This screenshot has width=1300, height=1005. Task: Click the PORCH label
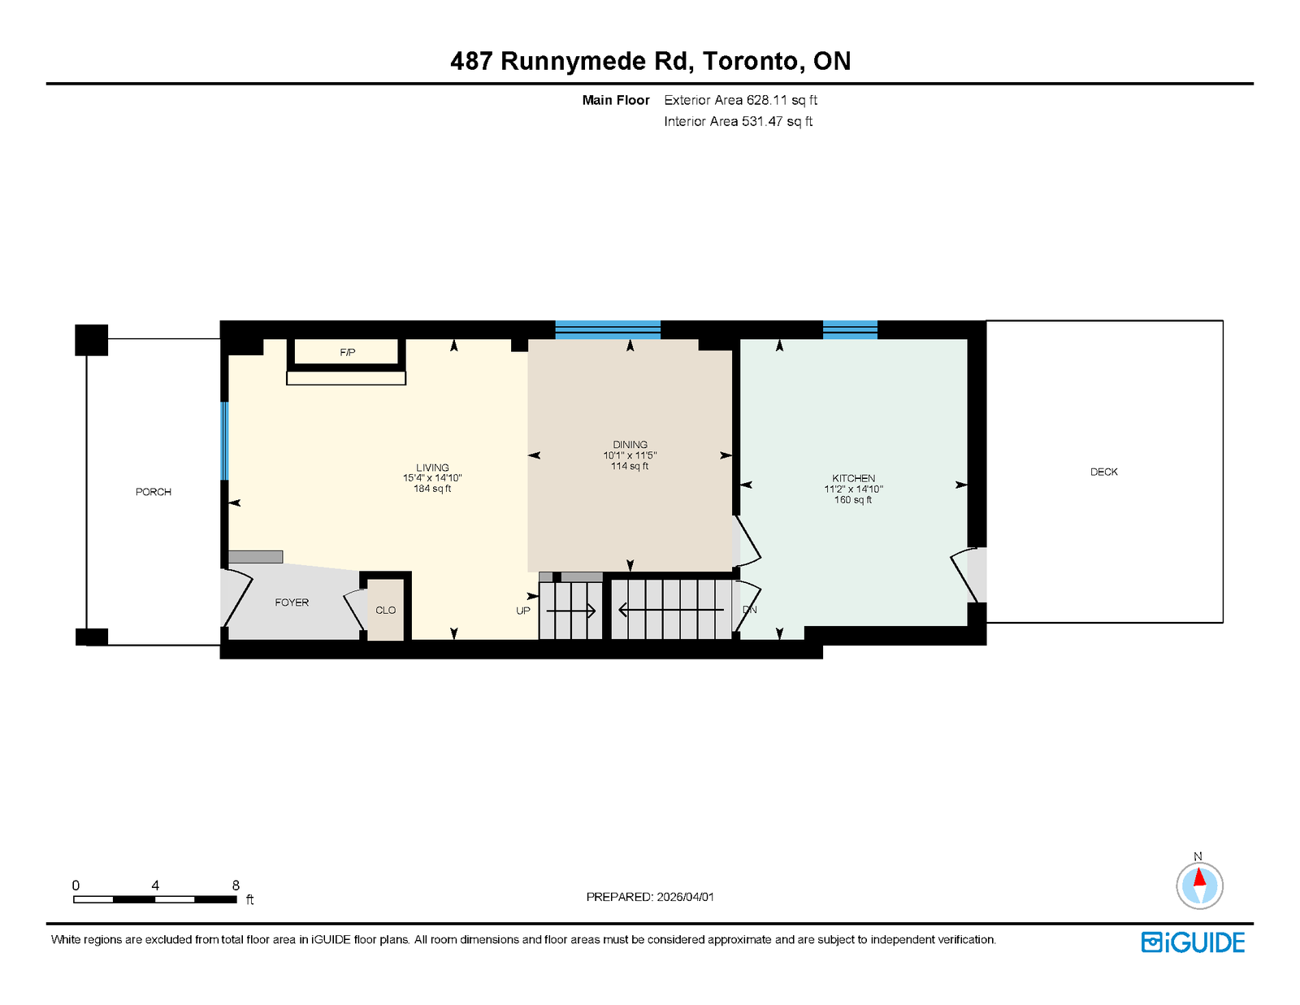tap(153, 491)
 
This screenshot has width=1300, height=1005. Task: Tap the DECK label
tap(1103, 472)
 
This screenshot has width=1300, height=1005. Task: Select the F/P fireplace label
tap(348, 353)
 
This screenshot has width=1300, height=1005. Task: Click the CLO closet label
tap(385, 610)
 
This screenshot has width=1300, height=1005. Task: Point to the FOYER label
tap(292, 603)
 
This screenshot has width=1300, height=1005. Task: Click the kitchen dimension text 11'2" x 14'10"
tap(854, 489)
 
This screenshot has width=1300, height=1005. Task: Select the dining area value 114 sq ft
tap(630, 466)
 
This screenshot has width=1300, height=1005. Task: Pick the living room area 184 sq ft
tap(432, 489)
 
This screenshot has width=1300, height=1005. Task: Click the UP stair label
tap(523, 611)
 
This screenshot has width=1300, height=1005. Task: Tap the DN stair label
tap(750, 609)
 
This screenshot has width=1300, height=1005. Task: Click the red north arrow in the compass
tap(1199, 877)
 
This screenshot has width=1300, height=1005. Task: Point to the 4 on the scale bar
tap(155, 885)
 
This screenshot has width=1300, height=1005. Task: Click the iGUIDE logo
tap(1193, 942)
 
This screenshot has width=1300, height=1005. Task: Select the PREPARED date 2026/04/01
tap(686, 897)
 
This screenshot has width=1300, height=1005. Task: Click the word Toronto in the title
tap(750, 61)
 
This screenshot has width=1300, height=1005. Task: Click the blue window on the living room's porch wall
tap(224, 442)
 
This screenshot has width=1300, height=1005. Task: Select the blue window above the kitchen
tap(850, 330)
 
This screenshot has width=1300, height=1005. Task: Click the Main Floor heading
tap(616, 100)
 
